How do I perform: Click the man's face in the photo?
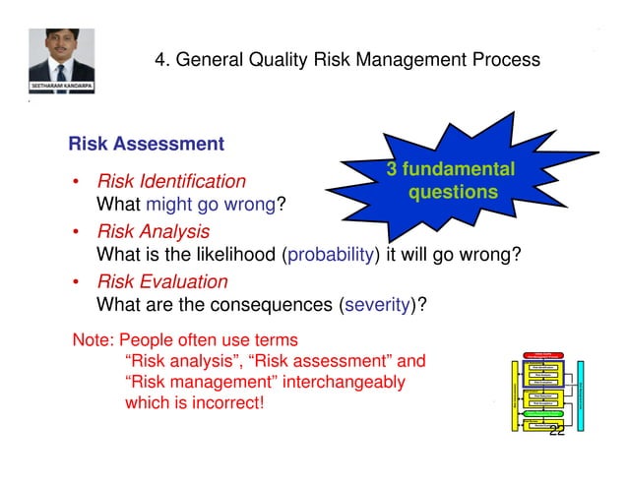pos(62,49)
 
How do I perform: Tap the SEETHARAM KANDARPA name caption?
pos(62,87)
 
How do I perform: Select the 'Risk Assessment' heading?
pos(146,145)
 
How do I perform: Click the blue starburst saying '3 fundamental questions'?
pos(451,181)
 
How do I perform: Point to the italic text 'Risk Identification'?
pos(169,181)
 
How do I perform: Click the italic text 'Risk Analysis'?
pos(152,232)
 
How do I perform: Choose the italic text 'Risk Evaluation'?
pos(160,282)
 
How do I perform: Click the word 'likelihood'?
pos(238,256)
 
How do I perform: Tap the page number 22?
pos(557,432)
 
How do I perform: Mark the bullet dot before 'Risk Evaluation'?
pos(77,283)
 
